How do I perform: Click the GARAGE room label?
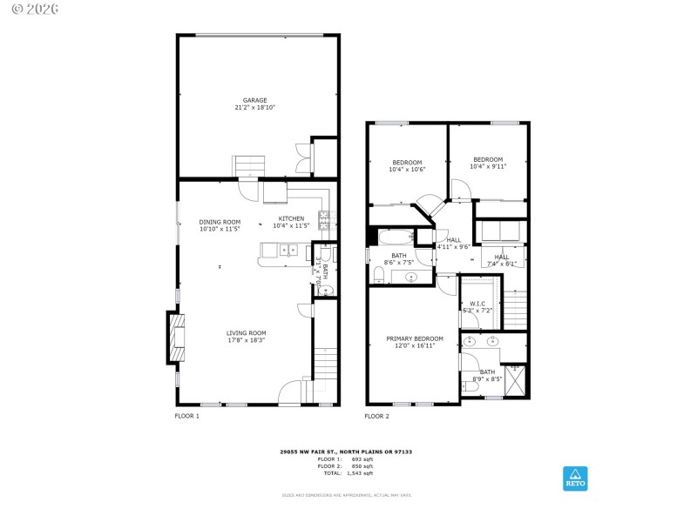point(254,100)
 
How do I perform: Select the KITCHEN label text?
point(291,218)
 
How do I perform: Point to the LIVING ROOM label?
point(246,333)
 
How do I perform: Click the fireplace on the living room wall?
point(175,338)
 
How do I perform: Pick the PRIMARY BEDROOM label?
point(415,338)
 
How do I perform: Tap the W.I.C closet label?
point(477,304)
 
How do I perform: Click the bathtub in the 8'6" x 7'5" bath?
point(399,237)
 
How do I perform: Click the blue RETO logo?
point(575,478)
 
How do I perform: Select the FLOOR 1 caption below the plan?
point(187,417)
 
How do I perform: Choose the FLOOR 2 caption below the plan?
point(376,417)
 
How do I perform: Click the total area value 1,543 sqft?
point(361,473)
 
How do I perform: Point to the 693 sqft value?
point(361,459)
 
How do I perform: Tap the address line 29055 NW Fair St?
point(345,452)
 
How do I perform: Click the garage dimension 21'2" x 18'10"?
point(254,108)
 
